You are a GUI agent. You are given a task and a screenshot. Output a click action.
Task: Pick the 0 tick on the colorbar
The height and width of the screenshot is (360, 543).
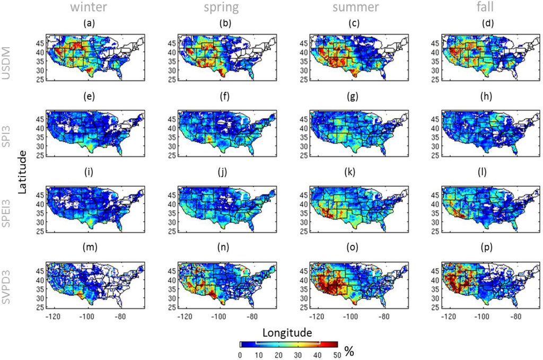coord(240,355)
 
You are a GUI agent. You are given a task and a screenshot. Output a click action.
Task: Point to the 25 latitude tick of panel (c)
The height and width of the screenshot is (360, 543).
coord(302,80)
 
